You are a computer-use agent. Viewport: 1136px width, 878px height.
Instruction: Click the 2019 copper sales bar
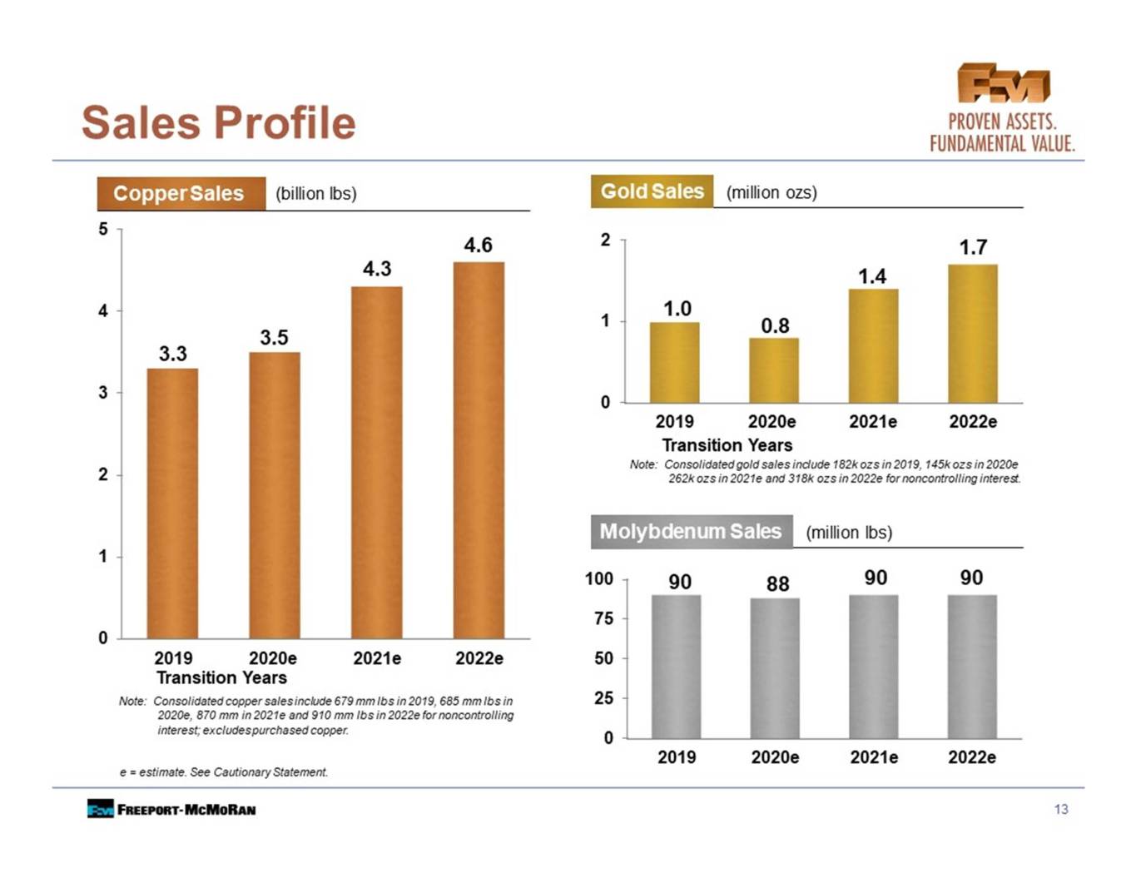click(172, 503)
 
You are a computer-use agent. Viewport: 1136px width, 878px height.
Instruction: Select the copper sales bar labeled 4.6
click(479, 450)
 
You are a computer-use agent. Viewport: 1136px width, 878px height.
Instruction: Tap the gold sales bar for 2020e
click(774, 370)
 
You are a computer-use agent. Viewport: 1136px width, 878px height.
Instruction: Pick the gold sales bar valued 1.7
click(973, 334)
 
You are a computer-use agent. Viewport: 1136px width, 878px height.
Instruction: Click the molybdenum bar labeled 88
click(775, 668)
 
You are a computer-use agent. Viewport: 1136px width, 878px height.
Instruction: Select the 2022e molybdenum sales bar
click(972, 667)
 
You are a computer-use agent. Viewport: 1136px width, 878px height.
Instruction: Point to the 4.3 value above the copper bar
click(377, 269)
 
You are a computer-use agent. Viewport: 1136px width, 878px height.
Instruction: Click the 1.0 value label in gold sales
click(677, 309)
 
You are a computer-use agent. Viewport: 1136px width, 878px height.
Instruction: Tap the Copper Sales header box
click(181, 194)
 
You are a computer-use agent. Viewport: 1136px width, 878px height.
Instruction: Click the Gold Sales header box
click(652, 191)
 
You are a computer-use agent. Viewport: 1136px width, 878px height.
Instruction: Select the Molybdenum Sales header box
click(692, 532)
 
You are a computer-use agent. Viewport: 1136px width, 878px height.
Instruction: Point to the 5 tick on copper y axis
click(103, 229)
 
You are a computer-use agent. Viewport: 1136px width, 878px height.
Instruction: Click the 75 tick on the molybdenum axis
click(604, 619)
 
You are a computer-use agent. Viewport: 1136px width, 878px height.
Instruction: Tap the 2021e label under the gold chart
click(873, 422)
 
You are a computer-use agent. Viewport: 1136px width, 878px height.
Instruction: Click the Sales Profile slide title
click(219, 123)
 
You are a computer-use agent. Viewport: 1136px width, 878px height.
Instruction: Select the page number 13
click(1061, 810)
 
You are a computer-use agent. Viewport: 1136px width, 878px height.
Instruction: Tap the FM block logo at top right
click(1004, 83)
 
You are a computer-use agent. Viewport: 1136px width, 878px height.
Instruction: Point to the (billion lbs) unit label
click(316, 194)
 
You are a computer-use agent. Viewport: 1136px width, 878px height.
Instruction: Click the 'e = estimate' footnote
click(224, 772)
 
